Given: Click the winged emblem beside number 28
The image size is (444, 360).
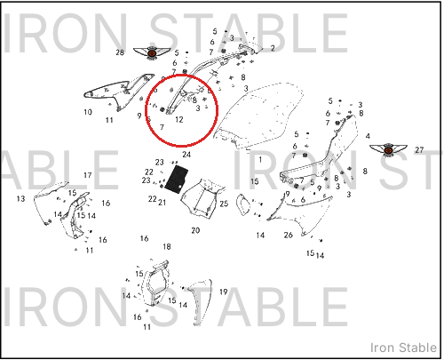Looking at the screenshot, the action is [152, 53].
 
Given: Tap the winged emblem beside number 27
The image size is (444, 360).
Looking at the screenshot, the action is [388, 150].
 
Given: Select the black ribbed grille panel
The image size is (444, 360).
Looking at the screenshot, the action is [177, 179].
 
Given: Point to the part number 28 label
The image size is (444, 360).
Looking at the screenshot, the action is [120, 52].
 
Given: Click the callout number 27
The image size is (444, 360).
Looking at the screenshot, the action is [419, 150].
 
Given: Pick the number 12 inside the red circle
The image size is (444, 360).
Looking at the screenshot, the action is [179, 119].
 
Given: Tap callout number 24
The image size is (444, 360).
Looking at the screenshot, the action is [186, 155].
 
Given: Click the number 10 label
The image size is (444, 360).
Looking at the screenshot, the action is [88, 112].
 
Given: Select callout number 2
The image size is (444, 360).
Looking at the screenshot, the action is [273, 48].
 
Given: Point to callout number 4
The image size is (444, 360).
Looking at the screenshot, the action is [368, 136].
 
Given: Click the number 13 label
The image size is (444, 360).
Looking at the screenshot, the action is [20, 198].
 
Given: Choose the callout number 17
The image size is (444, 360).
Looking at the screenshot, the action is [88, 175].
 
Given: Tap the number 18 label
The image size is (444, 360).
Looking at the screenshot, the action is [167, 246].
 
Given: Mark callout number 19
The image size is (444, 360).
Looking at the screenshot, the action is [224, 292].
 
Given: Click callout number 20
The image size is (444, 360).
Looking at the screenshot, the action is [195, 230].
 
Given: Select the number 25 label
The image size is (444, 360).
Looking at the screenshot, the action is [224, 204].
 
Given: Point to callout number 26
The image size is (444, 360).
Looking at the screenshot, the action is [289, 235].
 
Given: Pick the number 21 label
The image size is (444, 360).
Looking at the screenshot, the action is [162, 203].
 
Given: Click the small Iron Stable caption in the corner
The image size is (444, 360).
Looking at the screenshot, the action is [403, 348].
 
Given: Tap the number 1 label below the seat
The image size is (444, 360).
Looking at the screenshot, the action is [260, 160].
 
